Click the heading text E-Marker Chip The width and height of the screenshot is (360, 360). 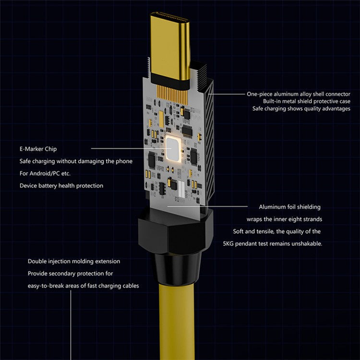point(38,149)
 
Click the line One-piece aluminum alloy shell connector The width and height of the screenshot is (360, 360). point(298,94)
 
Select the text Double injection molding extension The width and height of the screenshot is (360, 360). point(74,261)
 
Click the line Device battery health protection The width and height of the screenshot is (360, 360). point(61,185)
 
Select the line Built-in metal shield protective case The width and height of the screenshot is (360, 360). point(306,101)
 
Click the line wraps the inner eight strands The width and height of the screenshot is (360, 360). point(284,219)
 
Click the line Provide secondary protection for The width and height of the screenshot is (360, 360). point(70,273)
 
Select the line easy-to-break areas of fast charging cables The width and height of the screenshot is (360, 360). point(83,286)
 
